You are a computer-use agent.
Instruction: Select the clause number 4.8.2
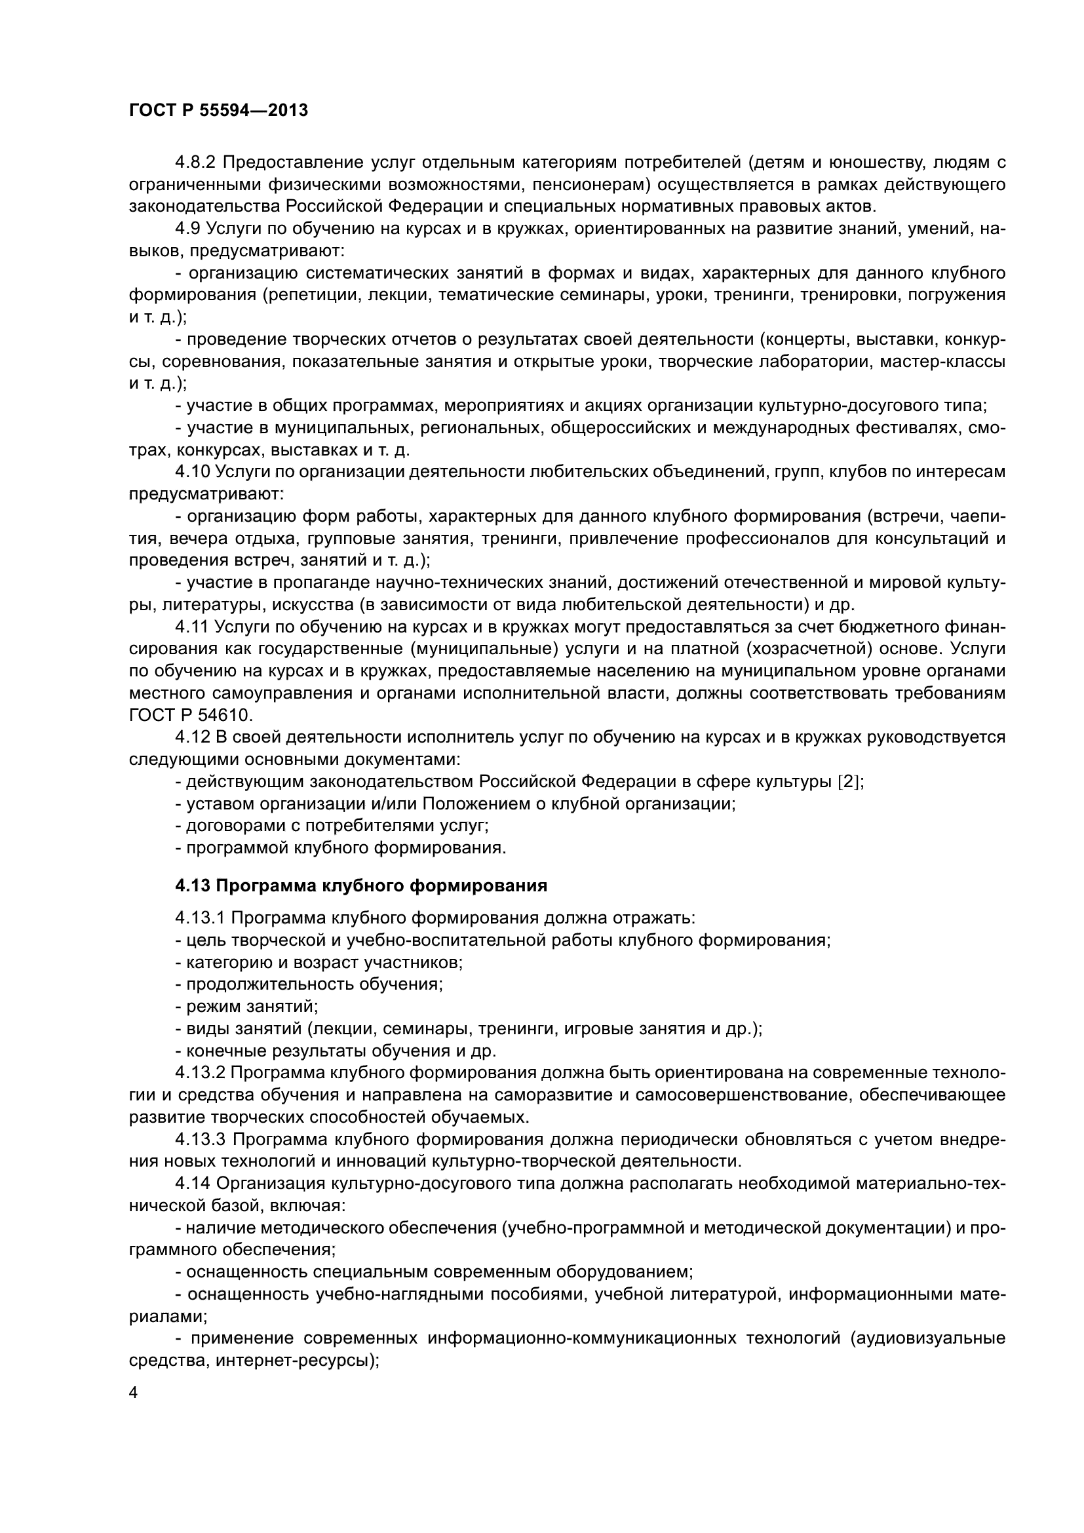pos(197,163)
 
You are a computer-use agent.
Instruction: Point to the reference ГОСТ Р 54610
pos(190,715)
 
